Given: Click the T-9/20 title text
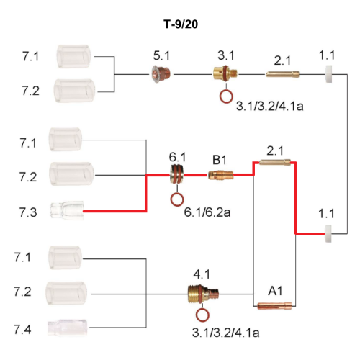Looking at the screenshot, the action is tap(181, 24).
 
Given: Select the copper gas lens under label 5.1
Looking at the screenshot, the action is tap(161, 74).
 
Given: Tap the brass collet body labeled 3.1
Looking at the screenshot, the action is tap(225, 73).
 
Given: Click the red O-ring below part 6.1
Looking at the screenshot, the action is tap(177, 199).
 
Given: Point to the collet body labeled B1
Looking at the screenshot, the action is tap(220, 175).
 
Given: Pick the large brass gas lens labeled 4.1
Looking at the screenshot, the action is tap(203, 294).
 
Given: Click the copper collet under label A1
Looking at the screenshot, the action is tap(274, 306).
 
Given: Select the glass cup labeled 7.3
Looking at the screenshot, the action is tap(67, 210).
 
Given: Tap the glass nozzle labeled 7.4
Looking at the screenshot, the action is tap(67, 328).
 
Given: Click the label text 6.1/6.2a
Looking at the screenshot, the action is tap(207, 212).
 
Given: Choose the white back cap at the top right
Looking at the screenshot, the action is tap(328, 74).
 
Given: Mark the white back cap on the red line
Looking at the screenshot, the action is tap(328, 233).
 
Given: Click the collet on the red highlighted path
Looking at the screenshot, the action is tap(275, 162).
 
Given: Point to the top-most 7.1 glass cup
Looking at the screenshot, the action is tap(74, 56).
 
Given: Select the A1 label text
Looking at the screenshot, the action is tap(275, 291).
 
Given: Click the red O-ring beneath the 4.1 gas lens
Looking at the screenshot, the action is tap(202, 315).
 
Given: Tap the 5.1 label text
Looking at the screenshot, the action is tap(161, 55).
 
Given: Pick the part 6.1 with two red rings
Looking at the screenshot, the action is tap(177, 174).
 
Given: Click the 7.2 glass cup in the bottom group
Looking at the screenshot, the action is tap(66, 293).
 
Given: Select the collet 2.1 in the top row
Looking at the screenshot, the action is tap(282, 74).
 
